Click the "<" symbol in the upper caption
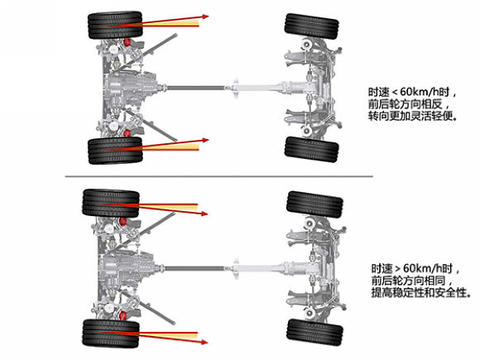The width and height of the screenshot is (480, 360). (396, 92)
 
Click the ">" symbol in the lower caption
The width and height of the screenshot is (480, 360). (397, 269)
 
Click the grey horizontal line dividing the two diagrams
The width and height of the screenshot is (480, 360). (218, 176)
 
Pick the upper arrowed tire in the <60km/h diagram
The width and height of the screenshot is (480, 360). (115, 26)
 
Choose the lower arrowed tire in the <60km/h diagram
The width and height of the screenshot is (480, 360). (115, 151)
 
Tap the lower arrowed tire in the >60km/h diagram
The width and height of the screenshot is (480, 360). (111, 334)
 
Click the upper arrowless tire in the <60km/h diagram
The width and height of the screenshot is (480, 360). (312, 26)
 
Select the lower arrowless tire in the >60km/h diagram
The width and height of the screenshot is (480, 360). (314, 333)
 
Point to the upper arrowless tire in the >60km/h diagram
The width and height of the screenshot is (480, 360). (314, 204)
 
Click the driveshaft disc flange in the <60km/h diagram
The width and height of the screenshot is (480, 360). (235, 89)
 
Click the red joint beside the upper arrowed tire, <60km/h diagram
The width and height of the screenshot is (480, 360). (127, 42)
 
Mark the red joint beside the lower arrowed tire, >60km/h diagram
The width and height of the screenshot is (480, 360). (123, 316)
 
